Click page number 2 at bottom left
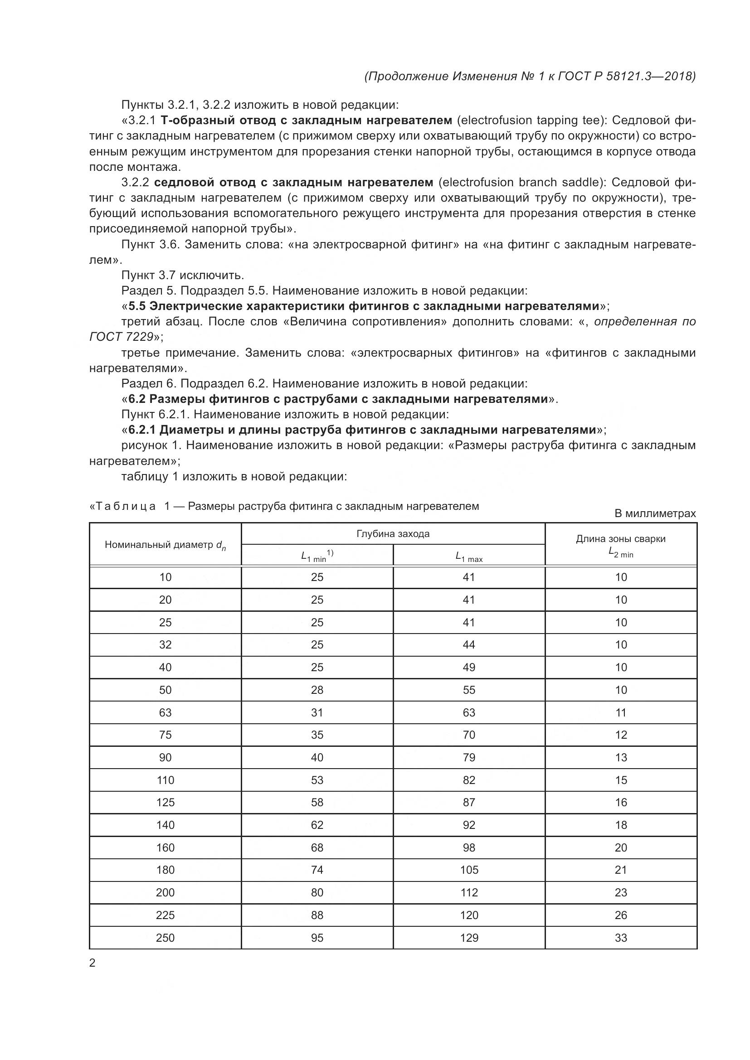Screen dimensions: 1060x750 coord(92,963)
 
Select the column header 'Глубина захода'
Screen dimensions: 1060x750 coord(393,534)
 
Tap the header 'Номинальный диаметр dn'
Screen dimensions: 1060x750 coord(165,545)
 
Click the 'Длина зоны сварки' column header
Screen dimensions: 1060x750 coord(620,539)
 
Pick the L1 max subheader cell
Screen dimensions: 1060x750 coord(468,557)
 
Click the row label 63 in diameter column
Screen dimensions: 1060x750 coord(165,712)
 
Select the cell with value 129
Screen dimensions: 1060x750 coord(469,938)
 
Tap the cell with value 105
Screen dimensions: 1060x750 coord(469,870)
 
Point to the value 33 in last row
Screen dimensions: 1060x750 coord(621,938)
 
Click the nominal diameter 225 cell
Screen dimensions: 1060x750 coord(165,915)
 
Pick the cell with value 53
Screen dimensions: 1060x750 coord(317,780)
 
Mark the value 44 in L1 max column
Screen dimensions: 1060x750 coord(469,644)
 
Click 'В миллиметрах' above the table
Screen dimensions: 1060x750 coord(654,513)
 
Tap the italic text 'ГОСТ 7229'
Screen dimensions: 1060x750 coord(121,337)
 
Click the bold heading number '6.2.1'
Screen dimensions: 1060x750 coord(142,430)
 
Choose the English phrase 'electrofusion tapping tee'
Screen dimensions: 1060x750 coord(532,121)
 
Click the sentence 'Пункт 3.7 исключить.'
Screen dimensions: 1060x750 coord(182,275)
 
